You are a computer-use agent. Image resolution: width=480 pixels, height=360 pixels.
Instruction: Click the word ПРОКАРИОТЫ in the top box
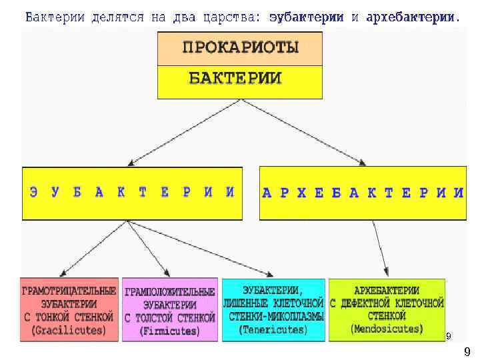tap(240, 48)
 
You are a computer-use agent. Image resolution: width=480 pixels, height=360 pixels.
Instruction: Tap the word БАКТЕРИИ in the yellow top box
tap(235, 78)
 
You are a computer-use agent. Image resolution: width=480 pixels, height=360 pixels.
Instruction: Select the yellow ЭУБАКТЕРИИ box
tap(132, 193)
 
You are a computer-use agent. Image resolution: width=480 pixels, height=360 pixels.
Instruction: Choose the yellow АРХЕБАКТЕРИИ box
tap(363, 193)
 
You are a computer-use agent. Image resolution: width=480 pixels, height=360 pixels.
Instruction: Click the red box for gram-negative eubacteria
tap(69, 310)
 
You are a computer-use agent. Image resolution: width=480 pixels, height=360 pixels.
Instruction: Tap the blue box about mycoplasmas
tap(273, 310)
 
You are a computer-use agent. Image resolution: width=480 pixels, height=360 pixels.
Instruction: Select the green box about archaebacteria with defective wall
tap(387, 309)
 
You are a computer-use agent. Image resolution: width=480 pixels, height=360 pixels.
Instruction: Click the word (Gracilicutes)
tap(69, 330)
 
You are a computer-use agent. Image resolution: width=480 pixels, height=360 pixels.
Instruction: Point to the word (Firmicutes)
tap(170, 331)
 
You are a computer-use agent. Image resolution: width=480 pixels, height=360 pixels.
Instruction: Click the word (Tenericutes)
tap(273, 329)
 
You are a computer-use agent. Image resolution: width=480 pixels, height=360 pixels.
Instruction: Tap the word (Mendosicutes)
tap(387, 329)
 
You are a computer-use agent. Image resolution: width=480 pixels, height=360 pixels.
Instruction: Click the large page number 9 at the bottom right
tap(467, 351)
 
